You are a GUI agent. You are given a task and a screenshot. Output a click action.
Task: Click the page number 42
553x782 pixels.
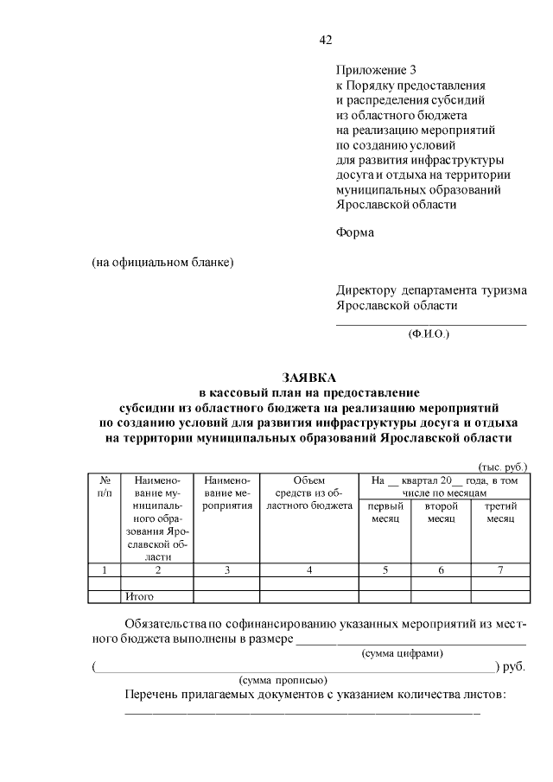click(x=326, y=40)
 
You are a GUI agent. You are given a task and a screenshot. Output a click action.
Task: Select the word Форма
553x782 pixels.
click(x=355, y=232)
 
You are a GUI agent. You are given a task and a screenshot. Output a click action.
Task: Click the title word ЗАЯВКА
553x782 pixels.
click(x=308, y=378)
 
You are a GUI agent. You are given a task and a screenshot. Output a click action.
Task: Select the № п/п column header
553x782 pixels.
click(x=105, y=486)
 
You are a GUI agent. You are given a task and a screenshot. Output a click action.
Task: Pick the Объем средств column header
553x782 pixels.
click(x=308, y=493)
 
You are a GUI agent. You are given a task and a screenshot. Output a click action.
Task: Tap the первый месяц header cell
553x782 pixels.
click(x=385, y=512)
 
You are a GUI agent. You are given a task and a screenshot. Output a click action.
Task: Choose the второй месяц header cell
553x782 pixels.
click(x=441, y=512)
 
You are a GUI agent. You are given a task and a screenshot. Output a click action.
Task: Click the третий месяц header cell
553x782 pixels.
click(x=499, y=512)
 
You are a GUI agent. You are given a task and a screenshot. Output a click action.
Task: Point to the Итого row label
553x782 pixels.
click(x=140, y=596)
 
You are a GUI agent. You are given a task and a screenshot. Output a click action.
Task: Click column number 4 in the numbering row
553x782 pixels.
click(x=308, y=570)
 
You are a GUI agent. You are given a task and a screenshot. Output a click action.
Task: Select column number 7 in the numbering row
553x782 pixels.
click(x=499, y=570)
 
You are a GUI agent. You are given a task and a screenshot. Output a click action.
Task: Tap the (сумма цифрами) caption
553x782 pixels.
click(x=402, y=653)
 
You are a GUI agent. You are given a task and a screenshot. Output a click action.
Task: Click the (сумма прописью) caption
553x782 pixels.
click(x=283, y=681)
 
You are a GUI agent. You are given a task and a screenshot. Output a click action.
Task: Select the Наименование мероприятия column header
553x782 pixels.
click(x=226, y=493)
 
